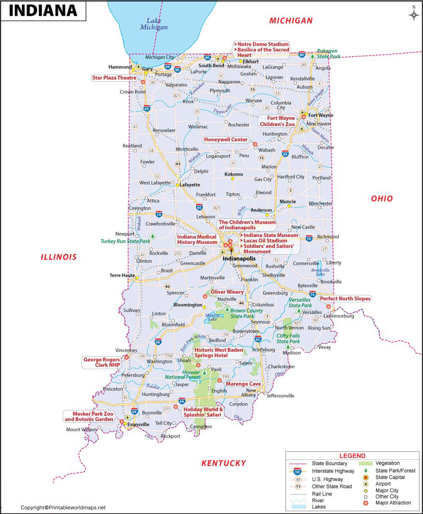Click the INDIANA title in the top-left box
coord(43,11)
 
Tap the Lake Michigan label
coord(154,24)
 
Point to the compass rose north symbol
coord(413,14)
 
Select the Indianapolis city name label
coord(239,258)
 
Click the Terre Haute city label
coord(122,275)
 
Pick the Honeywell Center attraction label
coord(225,140)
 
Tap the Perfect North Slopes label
coord(345,299)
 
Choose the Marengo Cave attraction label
coord(243,384)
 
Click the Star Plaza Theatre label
coord(114,78)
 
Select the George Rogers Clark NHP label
coord(102,363)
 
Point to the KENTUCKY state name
coord(223,463)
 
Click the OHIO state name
coord(382,198)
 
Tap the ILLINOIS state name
coord(59,257)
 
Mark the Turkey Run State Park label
coord(125,241)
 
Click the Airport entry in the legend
coord(384,484)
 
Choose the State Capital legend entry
coord(390,477)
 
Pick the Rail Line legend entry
coord(321,494)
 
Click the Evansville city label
coord(139,424)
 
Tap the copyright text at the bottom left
coord(63,508)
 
